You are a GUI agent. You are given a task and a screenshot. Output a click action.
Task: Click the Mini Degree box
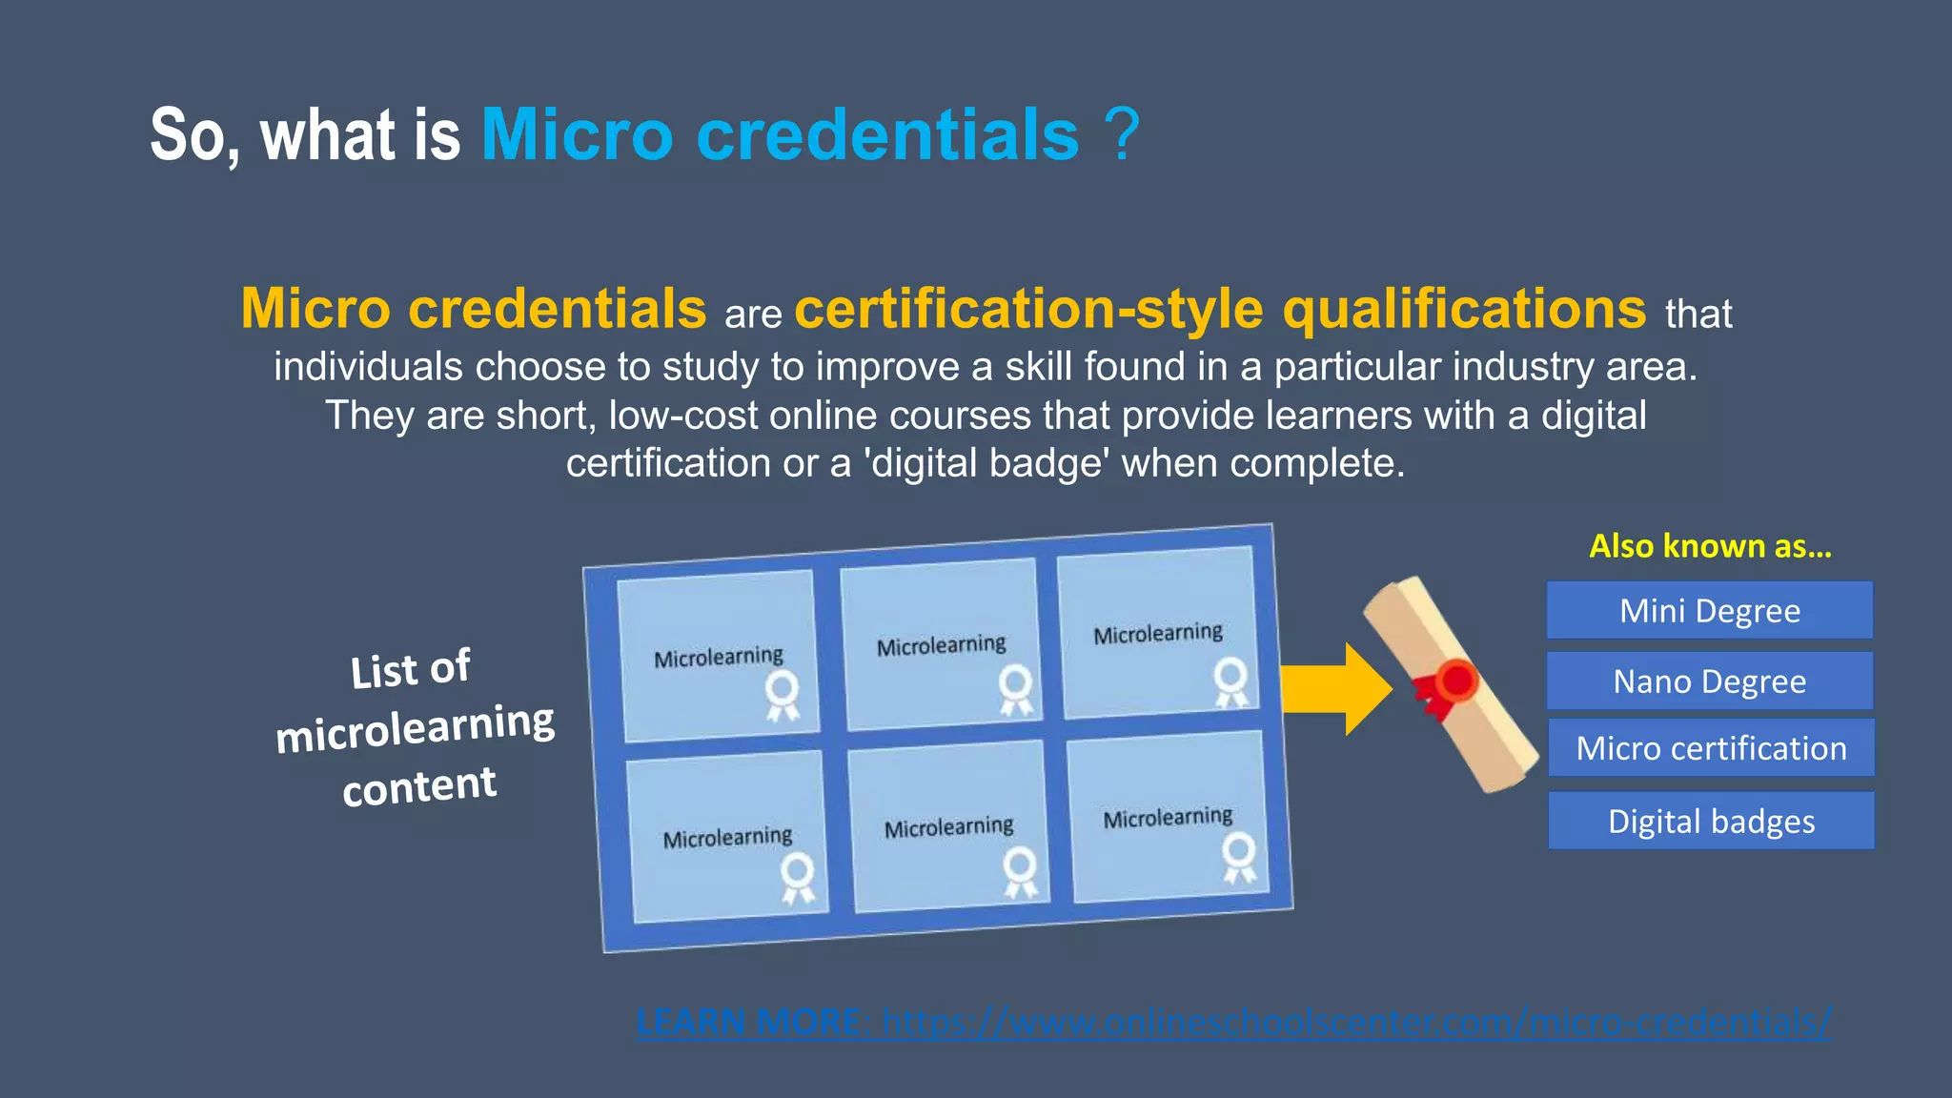[x=1709, y=610]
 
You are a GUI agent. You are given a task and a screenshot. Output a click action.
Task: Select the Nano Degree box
[x=1709, y=681]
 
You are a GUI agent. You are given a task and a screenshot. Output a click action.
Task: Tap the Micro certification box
[x=1711, y=748]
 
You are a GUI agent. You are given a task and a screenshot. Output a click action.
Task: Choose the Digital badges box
[x=1711, y=821]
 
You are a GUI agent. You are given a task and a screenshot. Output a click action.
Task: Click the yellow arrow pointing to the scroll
[x=1334, y=688]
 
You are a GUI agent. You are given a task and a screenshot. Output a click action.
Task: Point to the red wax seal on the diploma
[x=1455, y=681]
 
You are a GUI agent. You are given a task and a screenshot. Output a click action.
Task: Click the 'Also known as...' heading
[x=1710, y=546]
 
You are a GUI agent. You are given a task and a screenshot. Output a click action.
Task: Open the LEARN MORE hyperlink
[x=1233, y=1023]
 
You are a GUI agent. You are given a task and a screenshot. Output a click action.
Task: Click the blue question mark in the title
[x=1124, y=134]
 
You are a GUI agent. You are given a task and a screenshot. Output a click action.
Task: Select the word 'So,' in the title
[x=195, y=136]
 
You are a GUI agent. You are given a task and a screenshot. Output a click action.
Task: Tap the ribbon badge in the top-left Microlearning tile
[x=783, y=695]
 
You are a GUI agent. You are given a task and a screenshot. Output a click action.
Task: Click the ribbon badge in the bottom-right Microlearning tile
[x=1239, y=857]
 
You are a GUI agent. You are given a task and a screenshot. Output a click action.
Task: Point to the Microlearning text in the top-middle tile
[x=941, y=646]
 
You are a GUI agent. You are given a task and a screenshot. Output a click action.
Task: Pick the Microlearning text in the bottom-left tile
[x=727, y=838]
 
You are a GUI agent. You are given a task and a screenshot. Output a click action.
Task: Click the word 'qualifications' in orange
[x=1464, y=310]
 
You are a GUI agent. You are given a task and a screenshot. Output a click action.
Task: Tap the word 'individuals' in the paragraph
[x=368, y=368]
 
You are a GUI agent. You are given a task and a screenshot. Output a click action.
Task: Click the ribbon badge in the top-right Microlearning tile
[x=1230, y=681]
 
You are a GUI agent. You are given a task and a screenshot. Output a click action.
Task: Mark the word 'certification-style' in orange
[x=1029, y=310]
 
